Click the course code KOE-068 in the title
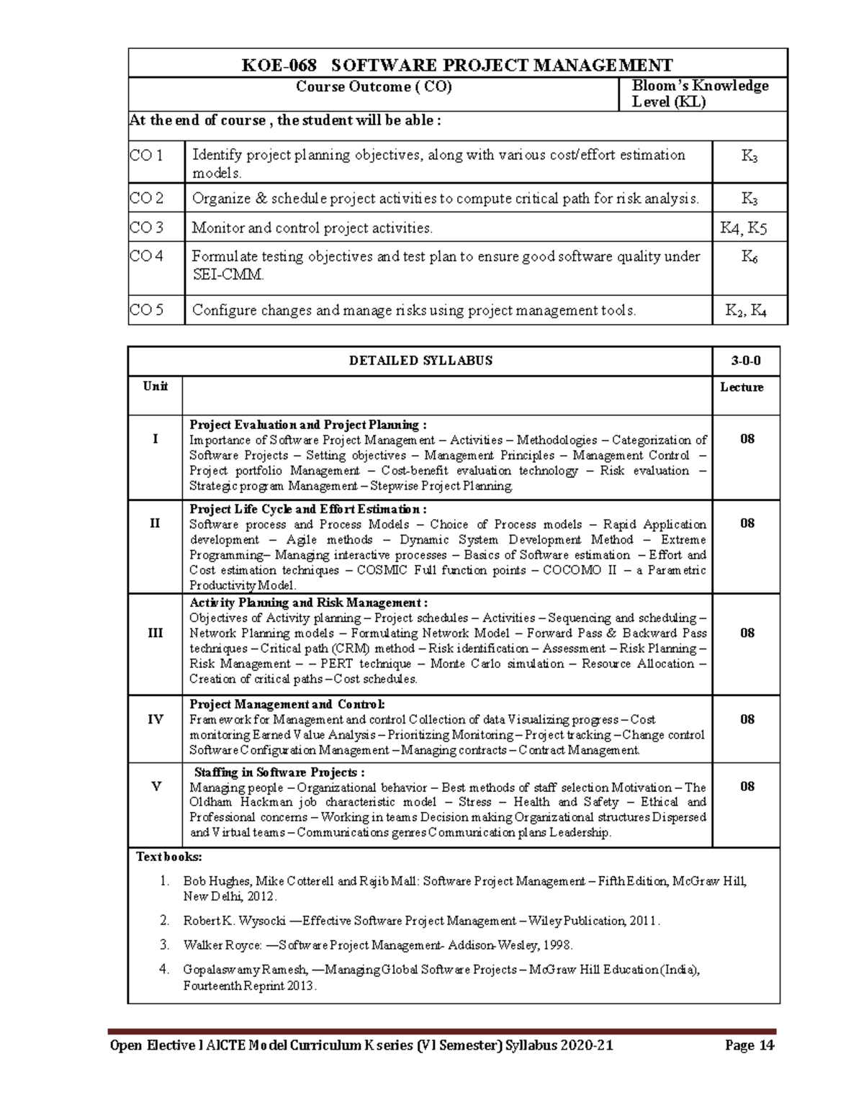pyautogui.click(x=279, y=66)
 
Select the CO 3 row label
pyautogui.click(x=147, y=227)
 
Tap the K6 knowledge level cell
pyautogui.click(x=749, y=256)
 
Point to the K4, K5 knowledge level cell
pyautogui.click(x=744, y=228)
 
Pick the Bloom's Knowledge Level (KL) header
pyautogui.click(x=700, y=94)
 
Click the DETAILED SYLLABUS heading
pyautogui.click(x=420, y=361)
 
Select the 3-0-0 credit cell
pyautogui.click(x=746, y=361)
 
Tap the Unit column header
pyautogui.click(x=156, y=387)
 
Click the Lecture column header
pyautogui.click(x=742, y=387)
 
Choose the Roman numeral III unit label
pyautogui.click(x=156, y=633)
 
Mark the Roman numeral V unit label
pyautogui.click(x=156, y=786)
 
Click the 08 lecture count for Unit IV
pyautogui.click(x=747, y=719)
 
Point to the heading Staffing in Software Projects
pyautogui.click(x=279, y=772)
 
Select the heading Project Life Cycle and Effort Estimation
pyautogui.click(x=307, y=509)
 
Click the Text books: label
pyautogui.click(x=169, y=857)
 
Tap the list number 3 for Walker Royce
pyautogui.click(x=164, y=945)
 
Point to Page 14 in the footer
pyautogui.click(x=750, y=1045)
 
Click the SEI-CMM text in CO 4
pyautogui.click(x=228, y=275)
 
